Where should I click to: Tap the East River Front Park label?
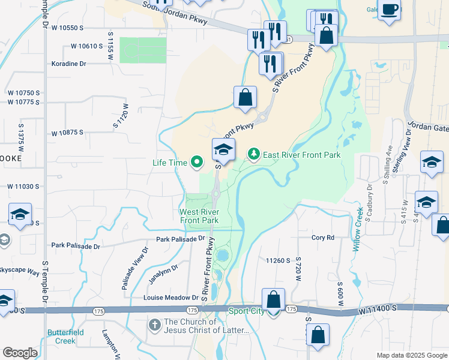pyautogui.click(x=301, y=155)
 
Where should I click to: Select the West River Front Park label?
pyautogui.click(x=199, y=216)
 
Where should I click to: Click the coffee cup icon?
pyautogui.click(x=389, y=10)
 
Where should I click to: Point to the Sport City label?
pyautogui.click(x=247, y=311)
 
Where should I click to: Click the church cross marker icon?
pyautogui.click(x=155, y=325)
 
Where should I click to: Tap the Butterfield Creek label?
pyautogui.click(x=62, y=336)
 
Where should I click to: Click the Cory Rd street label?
pyautogui.click(x=322, y=238)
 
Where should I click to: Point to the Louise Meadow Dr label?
pyautogui.click(x=170, y=298)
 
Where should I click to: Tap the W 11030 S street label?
pyautogui.click(x=23, y=187)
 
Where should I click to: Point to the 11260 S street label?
pyautogui.click(x=278, y=260)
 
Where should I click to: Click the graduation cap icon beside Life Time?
pyautogui.click(x=223, y=150)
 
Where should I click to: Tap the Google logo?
pyautogui.click(x=20, y=353)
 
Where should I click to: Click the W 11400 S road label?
pyautogui.click(x=379, y=307)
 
